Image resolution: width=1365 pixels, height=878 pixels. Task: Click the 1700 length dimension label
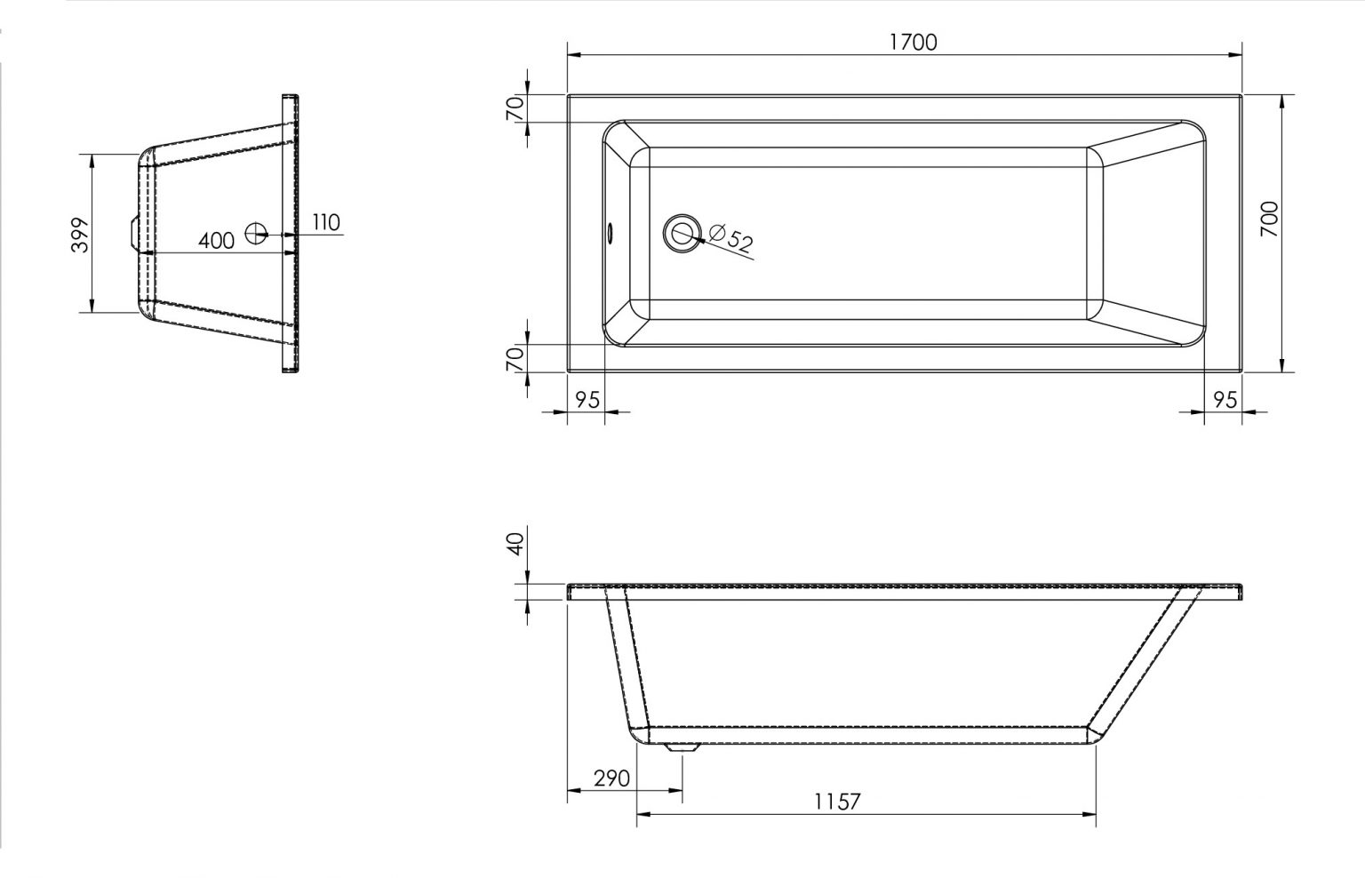(x=914, y=42)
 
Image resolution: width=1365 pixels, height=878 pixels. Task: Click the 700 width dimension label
(x=1269, y=219)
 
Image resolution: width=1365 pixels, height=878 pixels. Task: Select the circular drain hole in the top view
(x=682, y=234)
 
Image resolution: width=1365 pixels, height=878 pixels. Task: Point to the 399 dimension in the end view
(x=81, y=235)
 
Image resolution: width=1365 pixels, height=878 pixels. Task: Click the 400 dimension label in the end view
(x=216, y=241)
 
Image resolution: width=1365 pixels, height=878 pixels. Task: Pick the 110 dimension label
(x=326, y=222)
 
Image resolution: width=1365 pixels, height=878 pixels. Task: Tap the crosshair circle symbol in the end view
(x=257, y=234)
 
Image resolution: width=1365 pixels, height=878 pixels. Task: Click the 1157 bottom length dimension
(x=837, y=802)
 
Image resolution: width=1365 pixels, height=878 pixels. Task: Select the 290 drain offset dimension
(x=611, y=778)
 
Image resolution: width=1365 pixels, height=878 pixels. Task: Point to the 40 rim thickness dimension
(x=516, y=544)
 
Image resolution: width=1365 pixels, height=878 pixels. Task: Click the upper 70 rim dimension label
(x=515, y=108)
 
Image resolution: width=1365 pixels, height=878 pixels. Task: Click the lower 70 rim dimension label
(x=515, y=359)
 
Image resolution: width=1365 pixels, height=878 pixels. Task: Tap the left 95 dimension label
(x=587, y=400)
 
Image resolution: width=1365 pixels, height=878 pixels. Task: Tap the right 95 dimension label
(x=1225, y=400)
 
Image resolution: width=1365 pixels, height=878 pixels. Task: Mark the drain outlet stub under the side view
(x=682, y=746)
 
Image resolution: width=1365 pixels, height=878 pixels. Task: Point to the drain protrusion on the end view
(x=132, y=234)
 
